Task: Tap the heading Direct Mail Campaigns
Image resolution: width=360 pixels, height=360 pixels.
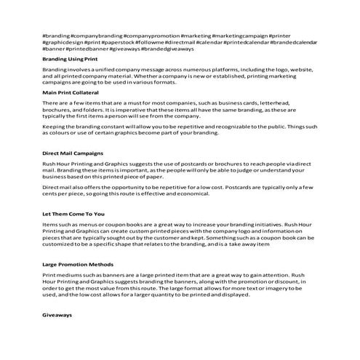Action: click(x=73, y=154)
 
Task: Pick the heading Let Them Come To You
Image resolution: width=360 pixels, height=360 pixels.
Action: click(x=74, y=215)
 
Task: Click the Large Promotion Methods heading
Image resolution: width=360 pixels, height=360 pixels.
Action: click(x=79, y=265)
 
